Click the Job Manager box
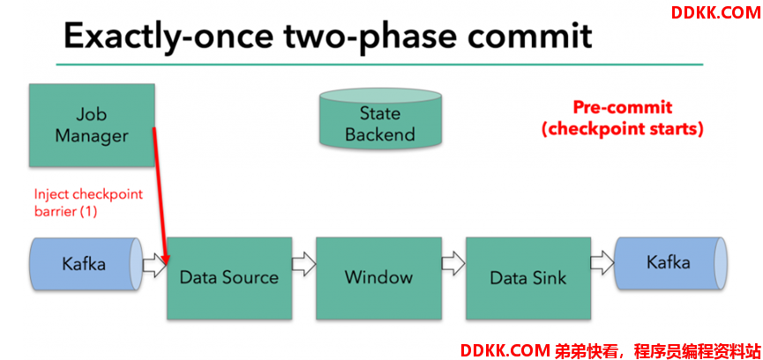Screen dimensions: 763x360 pos(92,125)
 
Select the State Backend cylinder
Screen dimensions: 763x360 pos(380,117)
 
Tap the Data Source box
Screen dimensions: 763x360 pos(229,278)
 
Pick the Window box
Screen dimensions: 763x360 pos(379,278)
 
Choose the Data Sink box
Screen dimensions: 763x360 pos(528,278)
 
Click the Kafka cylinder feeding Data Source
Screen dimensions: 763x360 pos(86,265)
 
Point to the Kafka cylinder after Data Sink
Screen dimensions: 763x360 pos(671,263)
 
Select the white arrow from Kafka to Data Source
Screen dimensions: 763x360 pos(154,265)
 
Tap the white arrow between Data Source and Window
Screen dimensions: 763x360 pos(304,265)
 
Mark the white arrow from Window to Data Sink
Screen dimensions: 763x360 pos(453,265)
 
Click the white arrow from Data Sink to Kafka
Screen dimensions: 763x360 pos(603,263)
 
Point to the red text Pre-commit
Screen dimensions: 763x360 pos(623,108)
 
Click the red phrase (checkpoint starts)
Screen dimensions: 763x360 pos(623,130)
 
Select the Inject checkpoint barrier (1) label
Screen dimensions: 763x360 pos(88,203)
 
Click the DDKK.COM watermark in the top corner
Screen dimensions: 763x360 pos(715,13)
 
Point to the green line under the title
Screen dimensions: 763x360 pos(379,64)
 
